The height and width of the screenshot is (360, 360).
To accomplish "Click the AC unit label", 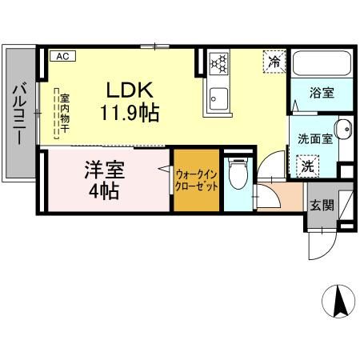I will pos(62,56).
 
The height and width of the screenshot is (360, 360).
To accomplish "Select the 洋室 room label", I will pos(102,171).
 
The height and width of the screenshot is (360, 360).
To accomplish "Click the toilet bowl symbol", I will pos(238,175).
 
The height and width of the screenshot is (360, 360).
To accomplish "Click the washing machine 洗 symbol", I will pos(307,166).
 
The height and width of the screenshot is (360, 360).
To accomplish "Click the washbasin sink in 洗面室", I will pos(342,130).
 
